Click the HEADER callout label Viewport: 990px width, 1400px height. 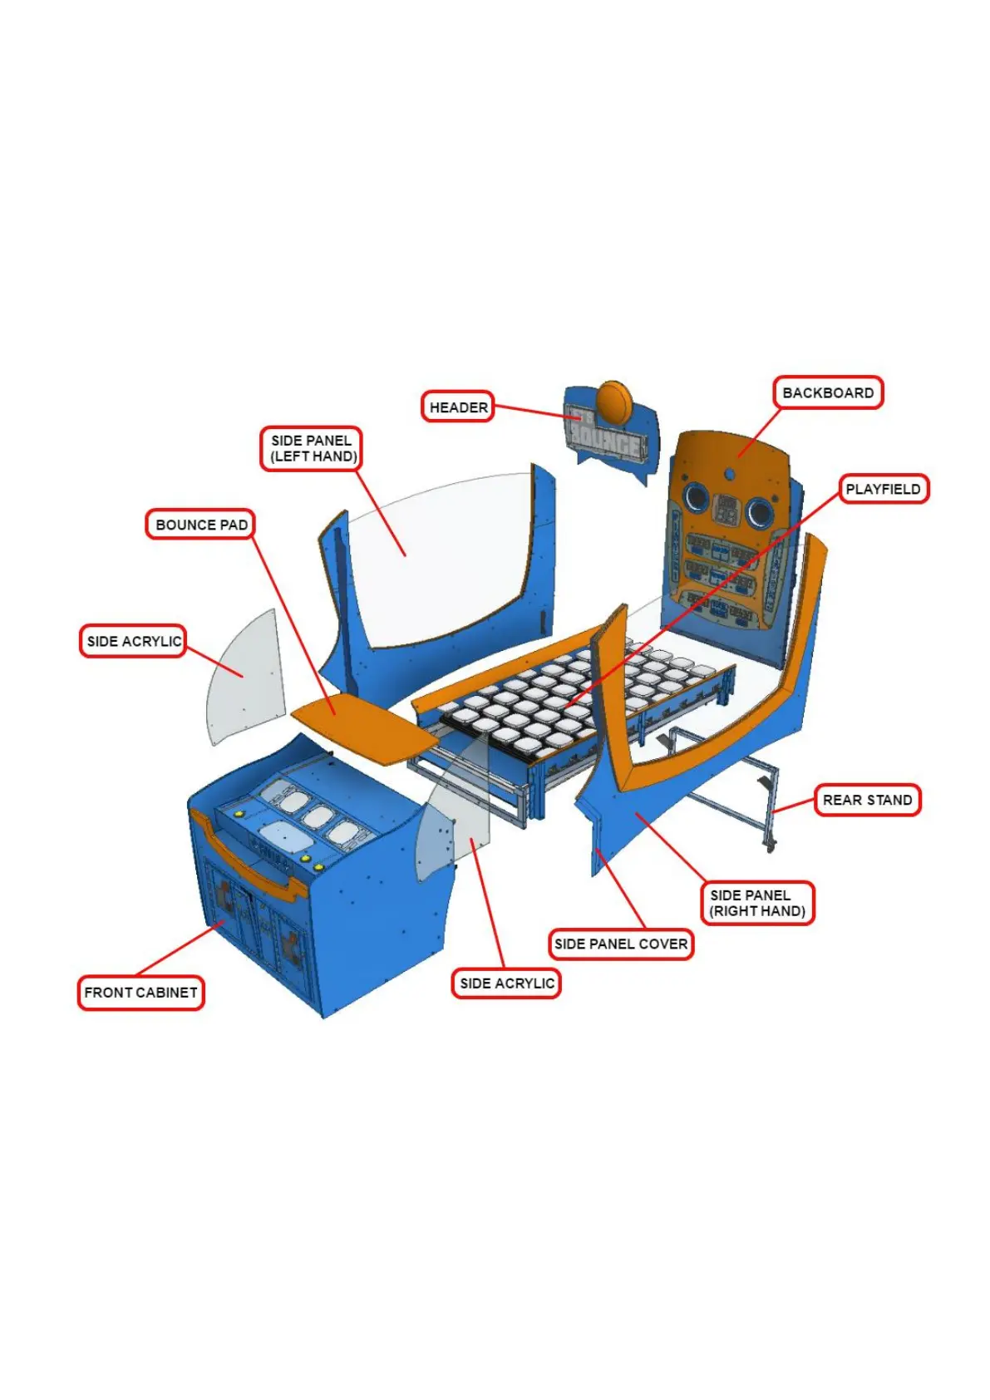(x=457, y=407)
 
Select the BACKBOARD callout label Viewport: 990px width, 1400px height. (x=827, y=392)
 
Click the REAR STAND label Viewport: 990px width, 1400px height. (x=867, y=800)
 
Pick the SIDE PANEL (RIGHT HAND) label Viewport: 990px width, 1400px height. (x=756, y=903)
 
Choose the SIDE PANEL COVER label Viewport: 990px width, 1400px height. (x=620, y=944)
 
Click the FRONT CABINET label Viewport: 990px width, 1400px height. (x=140, y=992)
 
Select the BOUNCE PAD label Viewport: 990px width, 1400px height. (x=201, y=525)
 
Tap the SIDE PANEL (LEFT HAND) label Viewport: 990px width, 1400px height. (x=313, y=448)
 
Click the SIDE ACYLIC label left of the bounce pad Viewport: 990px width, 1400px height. (x=133, y=641)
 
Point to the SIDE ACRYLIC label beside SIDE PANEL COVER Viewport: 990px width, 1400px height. (x=506, y=983)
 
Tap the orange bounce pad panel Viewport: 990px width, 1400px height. (x=366, y=729)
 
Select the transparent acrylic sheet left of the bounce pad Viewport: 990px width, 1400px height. (x=245, y=678)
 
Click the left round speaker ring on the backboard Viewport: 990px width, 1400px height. (x=695, y=499)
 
